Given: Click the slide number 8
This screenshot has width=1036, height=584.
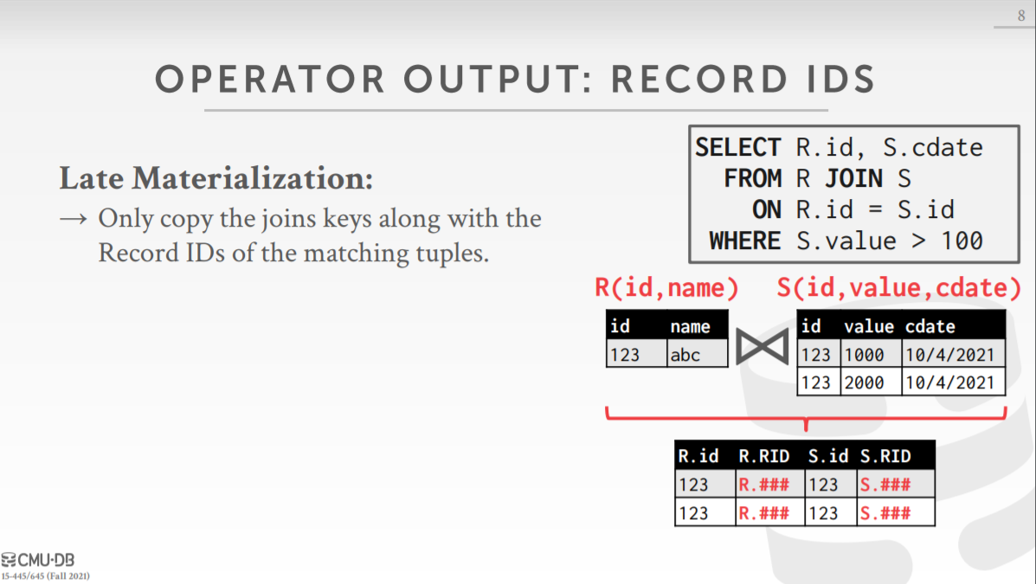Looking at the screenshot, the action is pyautogui.click(x=1020, y=16).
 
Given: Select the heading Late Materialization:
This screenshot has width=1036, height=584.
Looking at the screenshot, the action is pyautogui.click(x=216, y=178).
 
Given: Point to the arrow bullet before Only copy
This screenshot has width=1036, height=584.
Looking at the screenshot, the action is pyautogui.click(x=73, y=219).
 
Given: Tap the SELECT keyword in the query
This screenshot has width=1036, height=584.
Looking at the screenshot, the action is pyautogui.click(x=737, y=147).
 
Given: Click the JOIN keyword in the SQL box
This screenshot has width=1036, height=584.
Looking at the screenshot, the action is pyautogui.click(x=853, y=178).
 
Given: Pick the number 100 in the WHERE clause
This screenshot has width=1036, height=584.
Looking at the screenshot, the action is pyautogui.click(x=962, y=241).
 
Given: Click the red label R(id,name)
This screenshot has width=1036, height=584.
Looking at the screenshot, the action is pyautogui.click(x=666, y=287).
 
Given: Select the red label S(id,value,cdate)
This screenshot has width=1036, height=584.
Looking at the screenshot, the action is pyautogui.click(x=898, y=287).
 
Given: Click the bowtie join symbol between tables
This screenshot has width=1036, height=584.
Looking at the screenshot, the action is pyautogui.click(x=763, y=346).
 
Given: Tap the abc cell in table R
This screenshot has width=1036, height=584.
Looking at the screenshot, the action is pyautogui.click(x=697, y=354).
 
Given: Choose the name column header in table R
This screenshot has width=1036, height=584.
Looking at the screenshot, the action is pyautogui.click(x=690, y=326).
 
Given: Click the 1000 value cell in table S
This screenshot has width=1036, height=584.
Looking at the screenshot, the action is pyautogui.click(x=871, y=355).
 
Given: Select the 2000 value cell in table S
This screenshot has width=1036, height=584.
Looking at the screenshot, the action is pyautogui.click(x=871, y=382).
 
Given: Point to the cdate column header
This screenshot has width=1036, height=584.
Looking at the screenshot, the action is pyautogui.click(x=930, y=326).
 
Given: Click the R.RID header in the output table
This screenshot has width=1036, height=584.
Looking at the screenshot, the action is pyautogui.click(x=763, y=456).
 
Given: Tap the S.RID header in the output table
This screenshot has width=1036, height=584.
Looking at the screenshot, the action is pyautogui.click(x=885, y=456).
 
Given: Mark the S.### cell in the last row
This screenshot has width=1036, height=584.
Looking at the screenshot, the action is pyautogui.click(x=885, y=513).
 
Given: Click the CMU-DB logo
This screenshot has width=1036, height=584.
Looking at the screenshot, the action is pyautogui.click(x=38, y=561).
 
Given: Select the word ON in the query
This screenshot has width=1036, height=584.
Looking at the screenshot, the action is pyautogui.click(x=767, y=210).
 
